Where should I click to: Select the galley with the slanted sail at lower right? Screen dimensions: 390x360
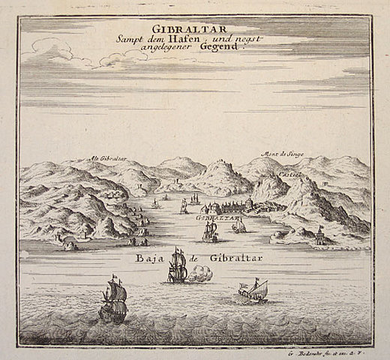pos(252,290)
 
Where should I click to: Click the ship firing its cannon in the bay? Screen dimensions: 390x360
pos(178,267)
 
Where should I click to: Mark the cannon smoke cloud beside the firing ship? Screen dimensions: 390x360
pos(200,274)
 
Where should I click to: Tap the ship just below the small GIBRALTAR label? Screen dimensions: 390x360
pos(210,232)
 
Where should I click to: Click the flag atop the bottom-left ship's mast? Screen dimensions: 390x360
pos(114,277)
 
